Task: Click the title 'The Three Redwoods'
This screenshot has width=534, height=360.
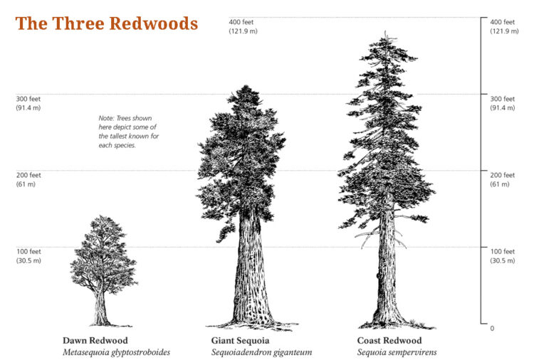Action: click(107, 23)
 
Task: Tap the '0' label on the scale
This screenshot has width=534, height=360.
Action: click(492, 329)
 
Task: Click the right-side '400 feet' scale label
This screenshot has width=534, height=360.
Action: click(503, 22)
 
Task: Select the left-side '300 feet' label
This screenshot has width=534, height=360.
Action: click(28, 99)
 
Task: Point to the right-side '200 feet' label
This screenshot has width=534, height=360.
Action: click(503, 175)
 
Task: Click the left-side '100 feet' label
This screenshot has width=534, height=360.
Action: click(28, 251)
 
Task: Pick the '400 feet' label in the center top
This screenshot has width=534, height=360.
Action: click(241, 22)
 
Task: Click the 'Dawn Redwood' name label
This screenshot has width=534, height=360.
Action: click(95, 340)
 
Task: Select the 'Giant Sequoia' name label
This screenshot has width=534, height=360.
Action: click(240, 340)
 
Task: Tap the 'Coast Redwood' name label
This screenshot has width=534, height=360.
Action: click(389, 340)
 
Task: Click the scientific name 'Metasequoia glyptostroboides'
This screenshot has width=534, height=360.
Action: click(116, 352)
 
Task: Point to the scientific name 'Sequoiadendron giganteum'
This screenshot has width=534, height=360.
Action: click(261, 352)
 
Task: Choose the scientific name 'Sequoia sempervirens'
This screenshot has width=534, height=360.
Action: click(397, 352)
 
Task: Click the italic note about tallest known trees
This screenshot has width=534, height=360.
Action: click(129, 132)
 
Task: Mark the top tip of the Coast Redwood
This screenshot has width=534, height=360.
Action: click(385, 31)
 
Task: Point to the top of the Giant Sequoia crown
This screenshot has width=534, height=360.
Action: click(245, 86)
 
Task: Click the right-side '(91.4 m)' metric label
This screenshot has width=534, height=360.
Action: click(503, 108)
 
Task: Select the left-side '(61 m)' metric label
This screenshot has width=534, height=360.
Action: click(26, 184)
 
